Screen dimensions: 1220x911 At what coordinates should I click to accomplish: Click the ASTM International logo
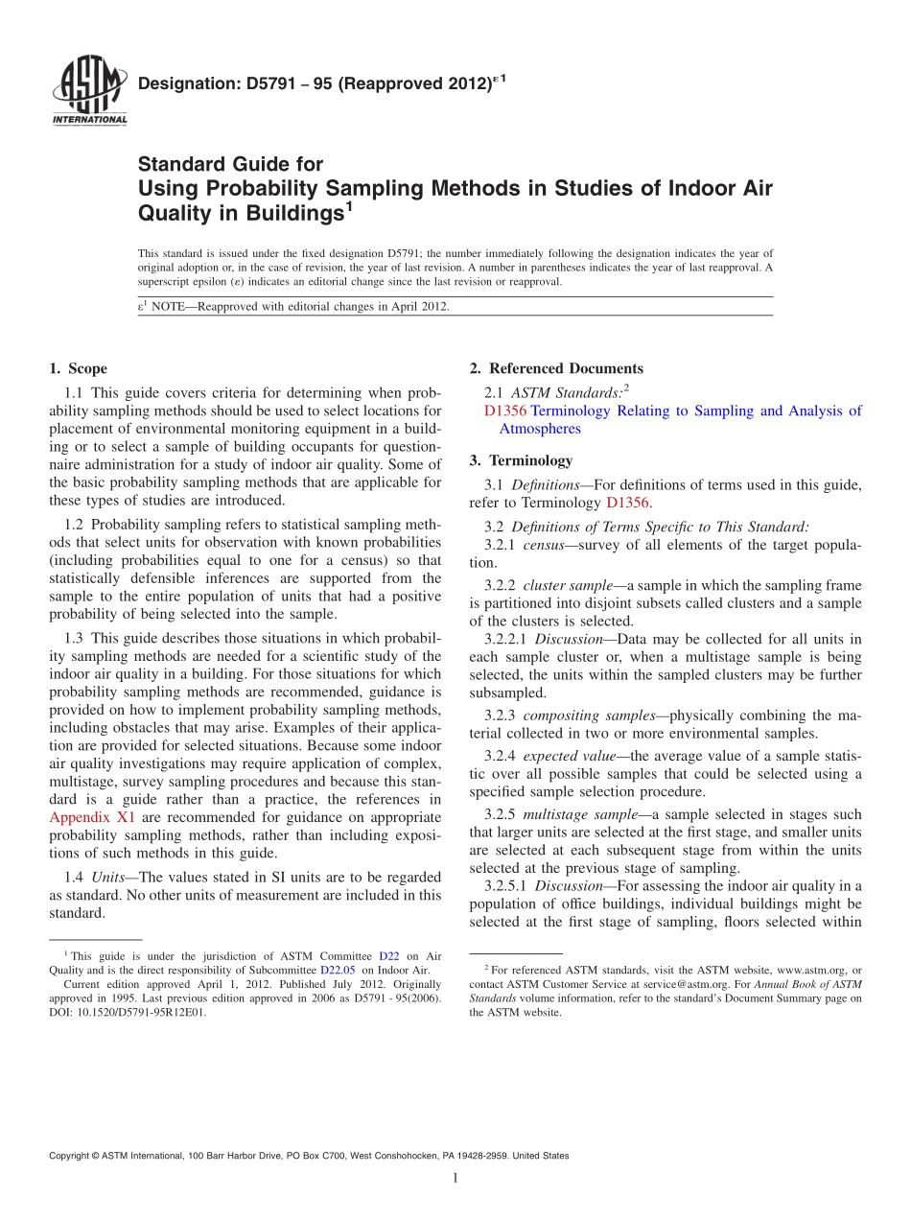88,90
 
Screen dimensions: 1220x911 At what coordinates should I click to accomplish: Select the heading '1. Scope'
78,368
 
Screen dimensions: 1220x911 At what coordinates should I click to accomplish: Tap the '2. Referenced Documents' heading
556,368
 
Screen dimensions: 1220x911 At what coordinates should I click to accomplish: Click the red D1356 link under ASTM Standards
505,411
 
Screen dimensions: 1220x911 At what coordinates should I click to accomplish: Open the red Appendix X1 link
92,817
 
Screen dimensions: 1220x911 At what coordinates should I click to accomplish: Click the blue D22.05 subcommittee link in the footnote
338,970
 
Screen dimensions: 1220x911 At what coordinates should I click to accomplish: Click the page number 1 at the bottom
455,1178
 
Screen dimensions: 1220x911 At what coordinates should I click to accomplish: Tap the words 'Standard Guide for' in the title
231,164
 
